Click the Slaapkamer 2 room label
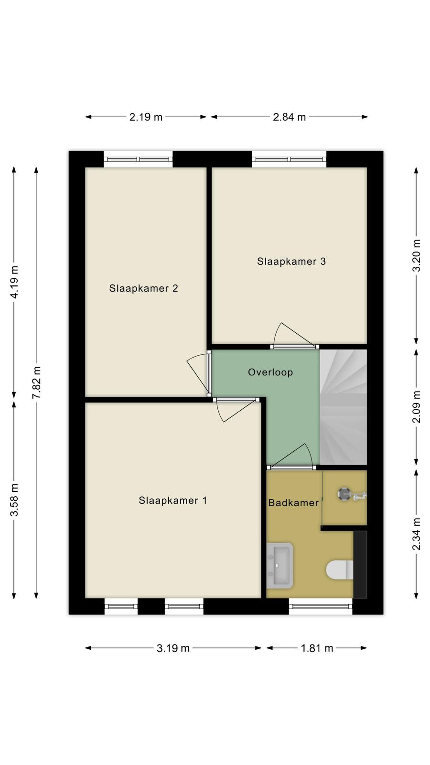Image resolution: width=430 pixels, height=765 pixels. click(x=144, y=288)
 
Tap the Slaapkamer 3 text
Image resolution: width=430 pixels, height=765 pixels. click(x=291, y=261)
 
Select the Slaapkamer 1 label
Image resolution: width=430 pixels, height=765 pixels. click(x=172, y=500)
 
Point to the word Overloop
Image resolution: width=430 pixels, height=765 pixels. click(x=270, y=372)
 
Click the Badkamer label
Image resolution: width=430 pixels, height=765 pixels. click(x=293, y=503)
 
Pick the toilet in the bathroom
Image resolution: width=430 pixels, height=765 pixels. click(x=340, y=569)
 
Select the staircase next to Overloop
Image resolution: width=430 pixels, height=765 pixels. click(x=344, y=407)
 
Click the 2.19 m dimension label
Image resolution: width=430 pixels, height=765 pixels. click(x=146, y=117)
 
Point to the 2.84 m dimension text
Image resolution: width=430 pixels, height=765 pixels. click(x=290, y=117)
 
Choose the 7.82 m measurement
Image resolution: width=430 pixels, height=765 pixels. click(x=36, y=382)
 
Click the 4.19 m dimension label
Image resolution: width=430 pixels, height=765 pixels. click(x=14, y=282)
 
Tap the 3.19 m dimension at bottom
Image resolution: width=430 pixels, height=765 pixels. click(x=173, y=648)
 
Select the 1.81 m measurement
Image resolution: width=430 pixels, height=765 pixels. click(x=317, y=648)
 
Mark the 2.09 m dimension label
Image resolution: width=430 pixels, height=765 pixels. click(x=417, y=406)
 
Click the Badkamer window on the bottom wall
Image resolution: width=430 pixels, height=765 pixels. click(x=321, y=607)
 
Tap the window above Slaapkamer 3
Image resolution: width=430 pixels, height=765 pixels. click(x=290, y=159)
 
